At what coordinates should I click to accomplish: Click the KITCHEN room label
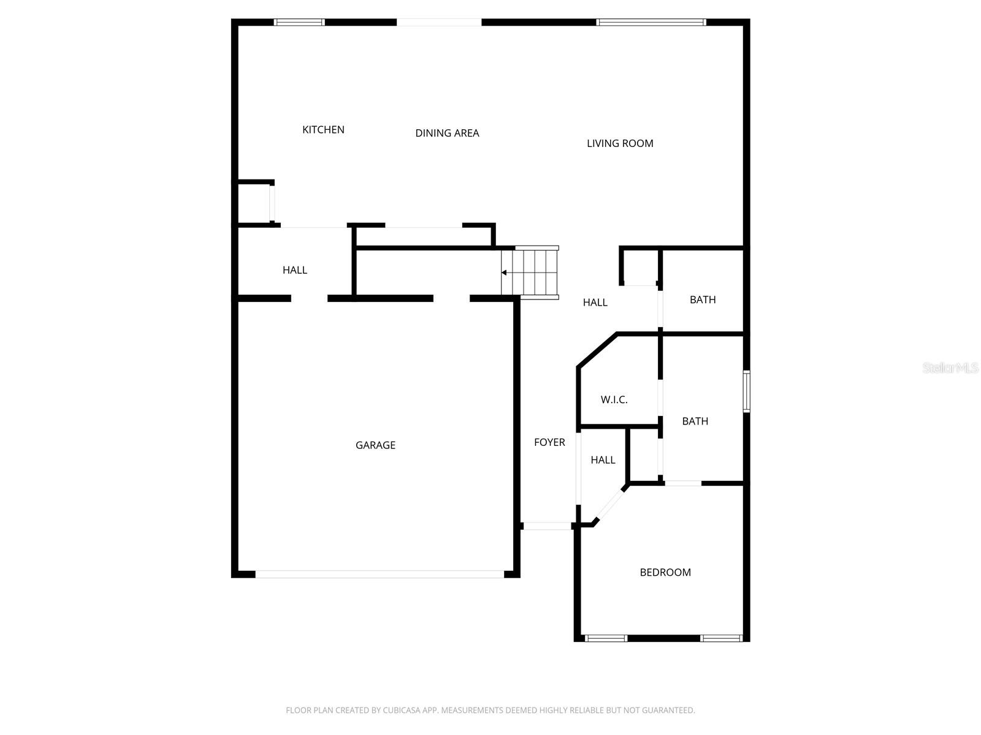[x=323, y=130]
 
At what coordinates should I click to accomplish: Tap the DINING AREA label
[x=447, y=133]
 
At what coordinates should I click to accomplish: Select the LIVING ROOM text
[x=620, y=143]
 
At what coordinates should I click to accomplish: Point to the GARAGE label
[x=375, y=445]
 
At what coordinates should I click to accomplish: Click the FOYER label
[x=549, y=442]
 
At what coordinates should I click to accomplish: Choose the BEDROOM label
[x=665, y=573]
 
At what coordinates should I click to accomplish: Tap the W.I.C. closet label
[x=614, y=400]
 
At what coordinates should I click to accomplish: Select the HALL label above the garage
[x=295, y=270]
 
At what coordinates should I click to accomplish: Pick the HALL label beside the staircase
[x=595, y=303]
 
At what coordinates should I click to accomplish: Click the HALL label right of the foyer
[x=603, y=460]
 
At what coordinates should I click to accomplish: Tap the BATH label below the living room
[x=703, y=300]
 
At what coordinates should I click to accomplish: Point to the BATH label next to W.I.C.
[x=695, y=421]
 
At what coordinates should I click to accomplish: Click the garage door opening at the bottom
[x=380, y=575]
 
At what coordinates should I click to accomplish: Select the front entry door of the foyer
[x=546, y=526]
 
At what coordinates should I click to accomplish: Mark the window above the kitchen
[x=299, y=23]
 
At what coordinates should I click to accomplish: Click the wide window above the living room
[x=651, y=23]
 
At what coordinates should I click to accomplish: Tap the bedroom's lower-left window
[x=606, y=638]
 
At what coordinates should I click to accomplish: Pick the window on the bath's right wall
[x=746, y=391]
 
